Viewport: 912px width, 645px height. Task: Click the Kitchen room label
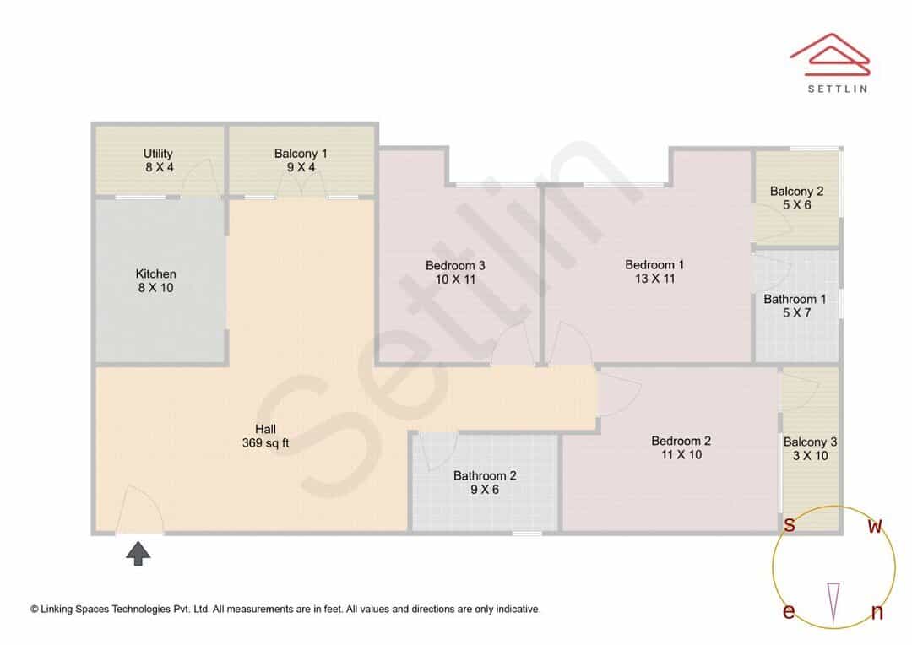tap(156, 281)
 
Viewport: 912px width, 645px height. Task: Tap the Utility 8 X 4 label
tap(158, 160)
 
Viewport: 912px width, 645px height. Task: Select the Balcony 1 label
tap(301, 160)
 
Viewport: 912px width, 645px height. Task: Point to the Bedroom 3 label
tap(455, 272)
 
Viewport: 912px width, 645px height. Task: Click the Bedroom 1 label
tap(655, 272)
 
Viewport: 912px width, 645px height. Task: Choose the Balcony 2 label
tap(797, 198)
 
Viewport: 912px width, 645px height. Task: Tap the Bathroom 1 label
tap(795, 306)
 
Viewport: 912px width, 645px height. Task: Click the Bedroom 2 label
tap(681, 447)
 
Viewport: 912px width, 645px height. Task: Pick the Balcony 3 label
tap(810, 448)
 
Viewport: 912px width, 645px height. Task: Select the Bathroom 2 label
tap(485, 483)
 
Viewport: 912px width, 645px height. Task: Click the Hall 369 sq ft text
tap(266, 436)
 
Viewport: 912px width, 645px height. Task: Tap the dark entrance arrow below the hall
tap(138, 554)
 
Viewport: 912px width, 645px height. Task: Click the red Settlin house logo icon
tap(830, 54)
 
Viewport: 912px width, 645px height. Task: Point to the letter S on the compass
tap(790, 524)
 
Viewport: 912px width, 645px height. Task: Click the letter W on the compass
tap(875, 526)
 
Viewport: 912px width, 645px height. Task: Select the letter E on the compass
tap(789, 611)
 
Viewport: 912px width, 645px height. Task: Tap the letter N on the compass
tap(877, 612)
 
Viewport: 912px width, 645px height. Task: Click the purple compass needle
tap(833, 603)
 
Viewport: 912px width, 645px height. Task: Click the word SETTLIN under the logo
tap(838, 89)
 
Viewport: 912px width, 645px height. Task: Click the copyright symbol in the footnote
tap(35, 610)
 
